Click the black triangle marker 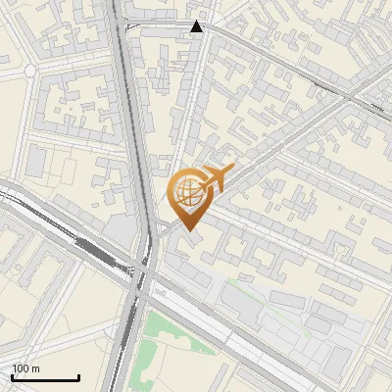point(197,26)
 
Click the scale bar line point(45,377)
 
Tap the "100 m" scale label point(26,368)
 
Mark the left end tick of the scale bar point(12,375)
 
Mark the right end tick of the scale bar point(78,375)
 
